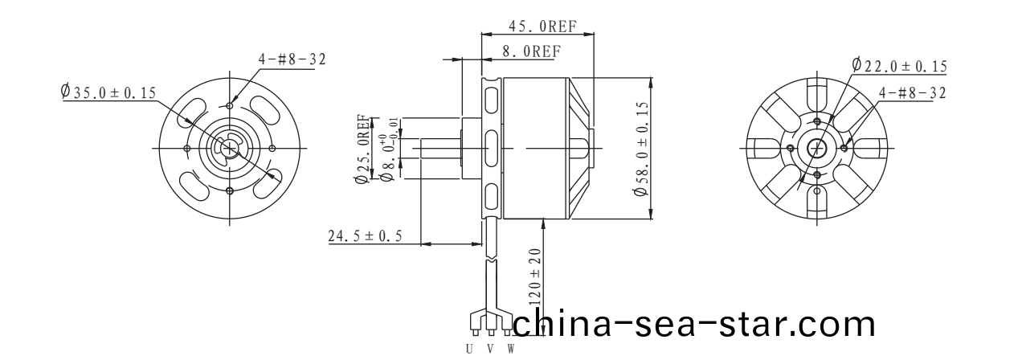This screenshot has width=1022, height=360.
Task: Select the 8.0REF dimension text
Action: coord(530,51)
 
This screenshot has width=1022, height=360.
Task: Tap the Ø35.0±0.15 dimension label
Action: coord(108,92)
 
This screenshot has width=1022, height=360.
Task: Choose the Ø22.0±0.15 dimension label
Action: coord(899,66)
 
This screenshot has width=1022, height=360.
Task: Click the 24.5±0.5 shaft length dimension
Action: coord(365,236)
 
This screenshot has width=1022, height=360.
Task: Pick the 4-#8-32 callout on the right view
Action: coord(912,93)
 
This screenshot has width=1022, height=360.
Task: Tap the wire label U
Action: coord(470,349)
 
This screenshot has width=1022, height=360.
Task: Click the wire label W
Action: coord(509,349)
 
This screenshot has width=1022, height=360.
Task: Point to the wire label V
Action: coord(490,349)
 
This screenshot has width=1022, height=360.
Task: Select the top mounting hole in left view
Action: coord(231,105)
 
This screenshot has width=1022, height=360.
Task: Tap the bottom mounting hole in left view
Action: coord(231,190)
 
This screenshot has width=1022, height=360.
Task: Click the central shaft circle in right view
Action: coord(818,148)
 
